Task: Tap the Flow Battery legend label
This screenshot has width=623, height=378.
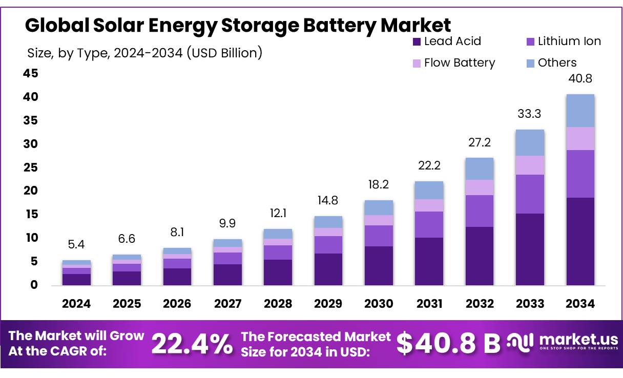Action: [460, 63]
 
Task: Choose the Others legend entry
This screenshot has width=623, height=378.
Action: [557, 63]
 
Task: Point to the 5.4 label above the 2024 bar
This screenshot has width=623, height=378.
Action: [76, 245]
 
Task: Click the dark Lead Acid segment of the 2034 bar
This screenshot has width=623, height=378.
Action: [580, 241]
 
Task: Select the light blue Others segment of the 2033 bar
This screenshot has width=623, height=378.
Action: [530, 142]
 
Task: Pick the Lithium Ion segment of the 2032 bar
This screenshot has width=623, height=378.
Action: [480, 211]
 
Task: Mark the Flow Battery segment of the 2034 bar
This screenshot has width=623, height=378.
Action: [580, 138]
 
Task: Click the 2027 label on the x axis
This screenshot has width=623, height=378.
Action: [227, 304]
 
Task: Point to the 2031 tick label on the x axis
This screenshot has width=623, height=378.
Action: [429, 304]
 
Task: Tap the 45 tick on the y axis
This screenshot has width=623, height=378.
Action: [31, 74]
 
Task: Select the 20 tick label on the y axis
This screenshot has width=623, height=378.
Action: [31, 191]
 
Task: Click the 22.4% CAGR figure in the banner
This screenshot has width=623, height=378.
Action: [192, 344]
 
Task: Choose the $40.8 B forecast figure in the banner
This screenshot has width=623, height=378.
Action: [448, 344]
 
